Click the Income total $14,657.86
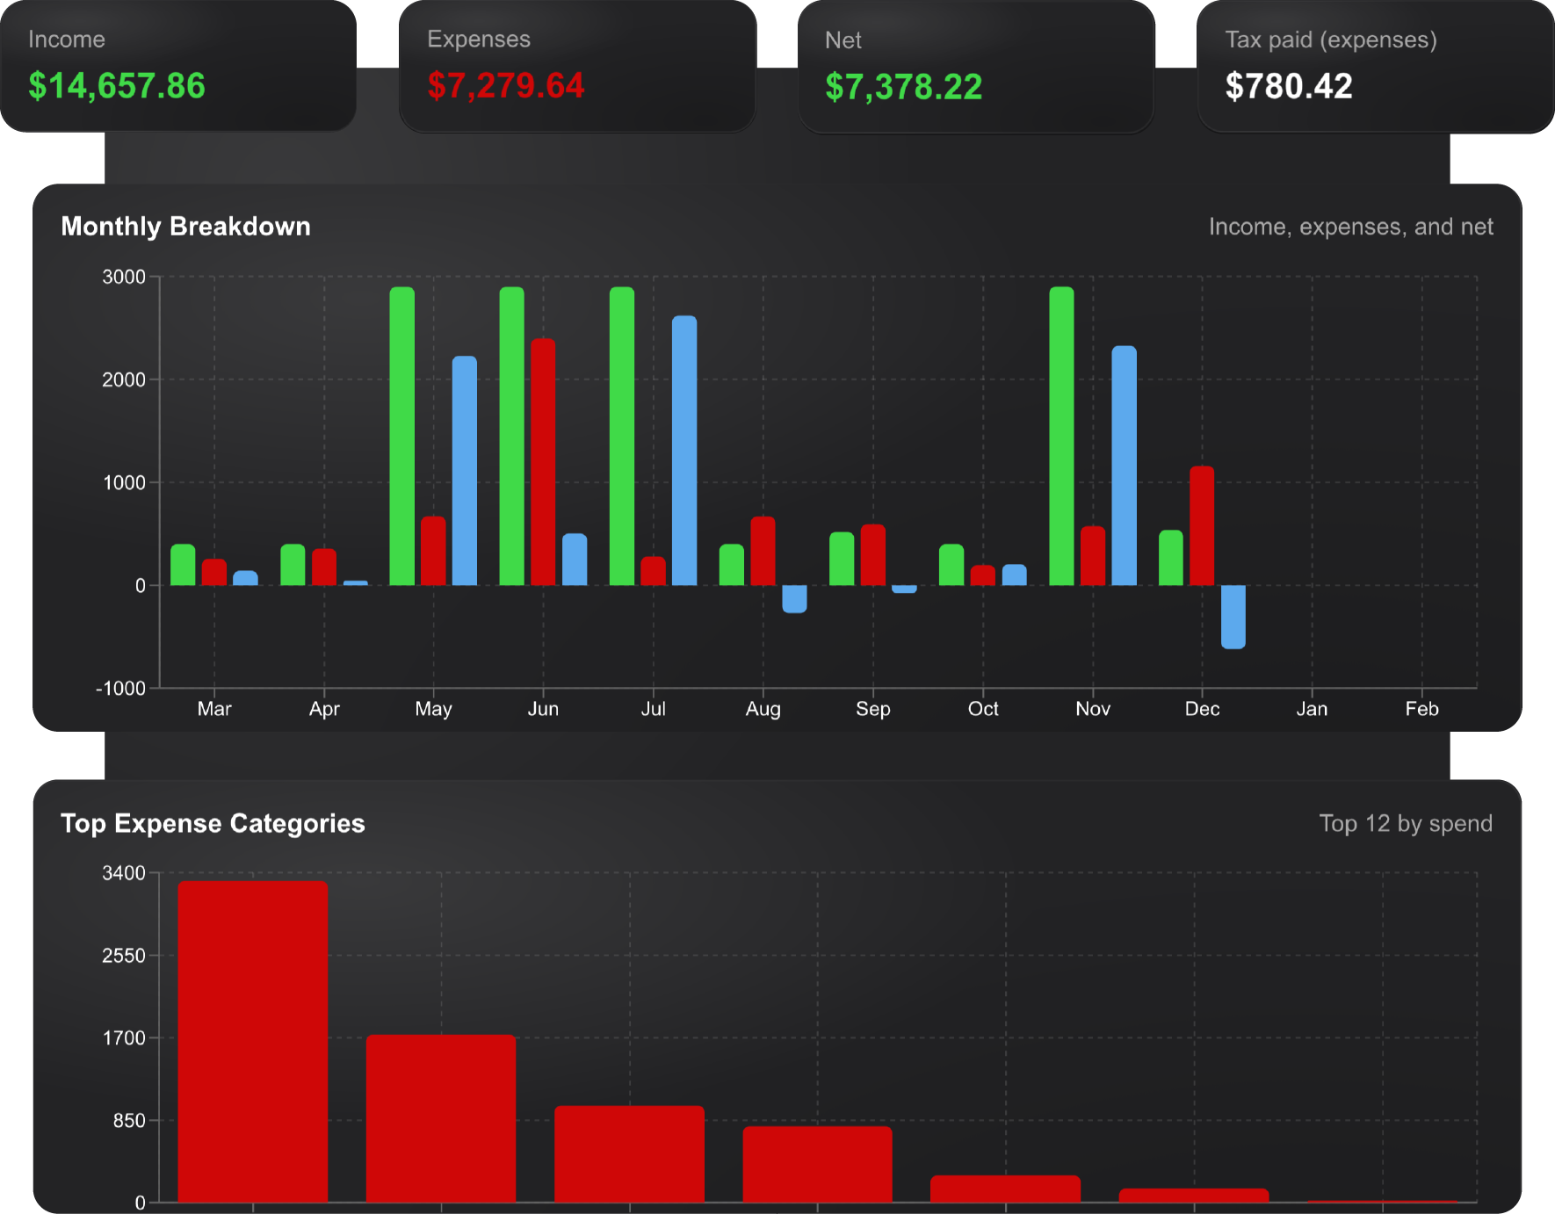pyautogui.click(x=117, y=86)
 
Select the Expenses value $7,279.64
pyautogui.click(x=506, y=86)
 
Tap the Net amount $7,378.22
pyautogui.click(x=903, y=87)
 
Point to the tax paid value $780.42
pyautogui.click(x=1289, y=86)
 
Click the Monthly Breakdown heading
pyautogui.click(x=185, y=227)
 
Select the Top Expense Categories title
pyautogui.click(x=213, y=823)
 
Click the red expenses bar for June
pyautogui.click(x=543, y=461)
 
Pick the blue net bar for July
pyautogui.click(x=684, y=450)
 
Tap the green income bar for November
pyautogui.click(x=1061, y=436)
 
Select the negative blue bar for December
pyautogui.click(x=1233, y=617)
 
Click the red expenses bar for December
pyautogui.click(x=1202, y=525)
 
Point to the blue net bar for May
pyautogui.click(x=465, y=470)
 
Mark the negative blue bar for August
pyautogui.click(x=794, y=599)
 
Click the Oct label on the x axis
pyautogui.click(x=983, y=709)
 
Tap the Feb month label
pyautogui.click(x=1421, y=709)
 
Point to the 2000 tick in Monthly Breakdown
pyautogui.click(x=124, y=379)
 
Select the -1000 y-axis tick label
pyautogui.click(x=120, y=689)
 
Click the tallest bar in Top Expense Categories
pyautogui.click(x=253, y=1041)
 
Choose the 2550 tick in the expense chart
pyautogui.click(x=124, y=956)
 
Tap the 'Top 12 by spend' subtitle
pyautogui.click(x=1405, y=823)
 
